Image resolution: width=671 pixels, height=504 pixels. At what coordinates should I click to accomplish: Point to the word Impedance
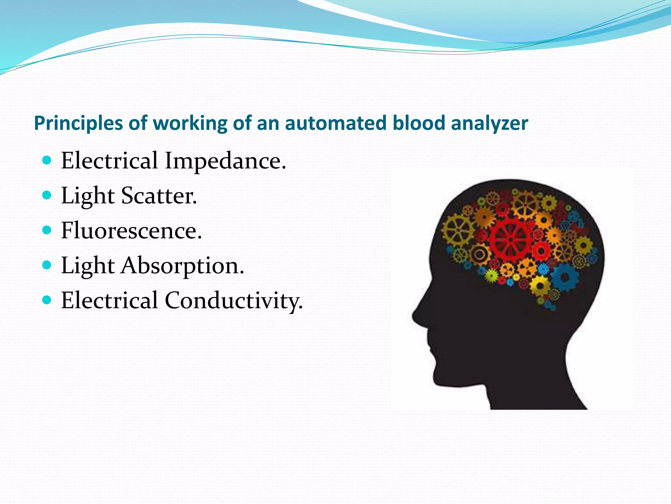225,161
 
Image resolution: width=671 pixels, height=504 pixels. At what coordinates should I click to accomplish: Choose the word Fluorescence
131,231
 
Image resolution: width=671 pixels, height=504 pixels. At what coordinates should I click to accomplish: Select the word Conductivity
234,301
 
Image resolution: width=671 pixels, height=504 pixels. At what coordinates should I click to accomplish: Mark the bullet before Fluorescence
47,230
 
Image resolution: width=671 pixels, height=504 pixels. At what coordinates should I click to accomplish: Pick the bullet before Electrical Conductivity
47,300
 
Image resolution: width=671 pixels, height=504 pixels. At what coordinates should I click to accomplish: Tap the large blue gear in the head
565,278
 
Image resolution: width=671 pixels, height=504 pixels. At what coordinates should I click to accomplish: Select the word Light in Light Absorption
88,266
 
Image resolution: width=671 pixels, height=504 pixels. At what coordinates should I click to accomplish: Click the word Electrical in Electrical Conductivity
109,301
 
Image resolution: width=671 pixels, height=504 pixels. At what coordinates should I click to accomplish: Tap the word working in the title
190,124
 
